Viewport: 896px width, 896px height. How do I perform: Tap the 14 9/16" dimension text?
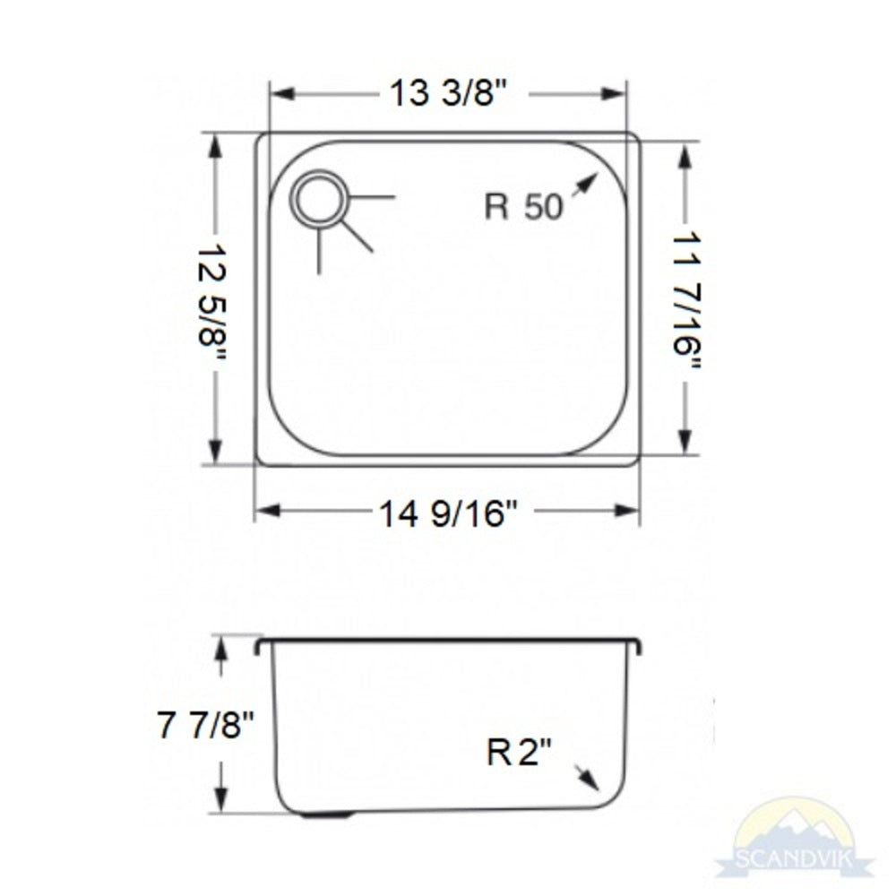click(x=447, y=513)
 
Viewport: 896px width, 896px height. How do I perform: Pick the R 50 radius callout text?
click(x=524, y=208)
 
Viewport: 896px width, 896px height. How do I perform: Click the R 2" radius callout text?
click(x=521, y=754)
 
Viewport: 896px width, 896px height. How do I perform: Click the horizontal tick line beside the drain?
click(x=372, y=196)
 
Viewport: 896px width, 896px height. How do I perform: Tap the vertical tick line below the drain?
click(x=319, y=250)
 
